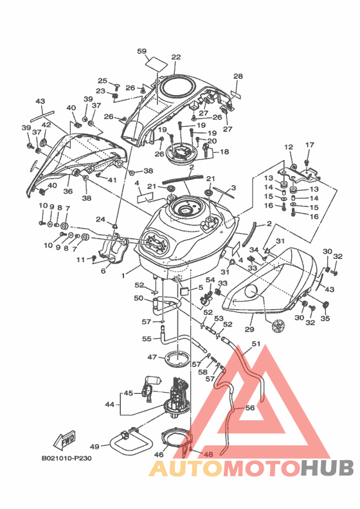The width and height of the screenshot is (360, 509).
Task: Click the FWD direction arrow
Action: [x=64, y=440]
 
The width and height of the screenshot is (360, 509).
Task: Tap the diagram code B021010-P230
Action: [x=67, y=458]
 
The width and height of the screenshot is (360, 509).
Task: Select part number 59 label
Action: [x=142, y=51]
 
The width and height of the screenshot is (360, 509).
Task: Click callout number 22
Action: [x=176, y=57]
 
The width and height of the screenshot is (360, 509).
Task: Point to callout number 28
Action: [x=238, y=76]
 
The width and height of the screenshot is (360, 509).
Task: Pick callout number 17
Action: [x=310, y=145]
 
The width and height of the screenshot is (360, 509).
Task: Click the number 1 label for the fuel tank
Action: [x=123, y=276]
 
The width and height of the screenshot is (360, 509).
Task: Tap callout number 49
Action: [x=94, y=447]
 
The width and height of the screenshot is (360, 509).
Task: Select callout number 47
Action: [x=152, y=357]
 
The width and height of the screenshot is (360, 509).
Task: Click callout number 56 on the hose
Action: [x=250, y=407]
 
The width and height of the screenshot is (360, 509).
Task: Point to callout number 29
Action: [x=249, y=329]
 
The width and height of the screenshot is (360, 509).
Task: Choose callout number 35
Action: [x=325, y=319]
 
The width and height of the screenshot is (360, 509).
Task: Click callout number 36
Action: [x=68, y=192]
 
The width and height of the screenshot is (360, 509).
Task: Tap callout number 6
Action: [x=104, y=271]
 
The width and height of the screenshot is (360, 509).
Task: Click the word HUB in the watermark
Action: [x=327, y=468]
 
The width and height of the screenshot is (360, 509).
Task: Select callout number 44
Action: [x=110, y=404]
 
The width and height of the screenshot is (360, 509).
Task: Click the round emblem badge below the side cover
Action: [x=278, y=326]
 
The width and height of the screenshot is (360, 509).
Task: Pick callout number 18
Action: [x=224, y=152]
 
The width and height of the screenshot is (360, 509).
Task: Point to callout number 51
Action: [x=256, y=344]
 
